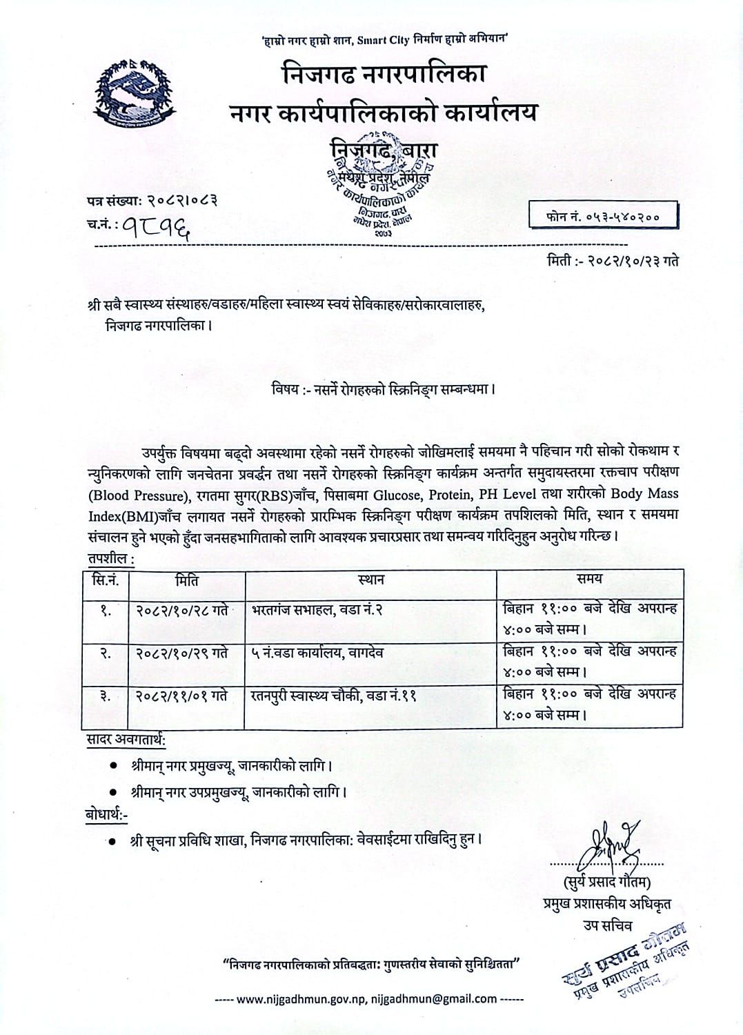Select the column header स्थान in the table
(371, 580)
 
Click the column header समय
(590, 580)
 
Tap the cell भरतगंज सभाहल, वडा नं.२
(317, 610)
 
